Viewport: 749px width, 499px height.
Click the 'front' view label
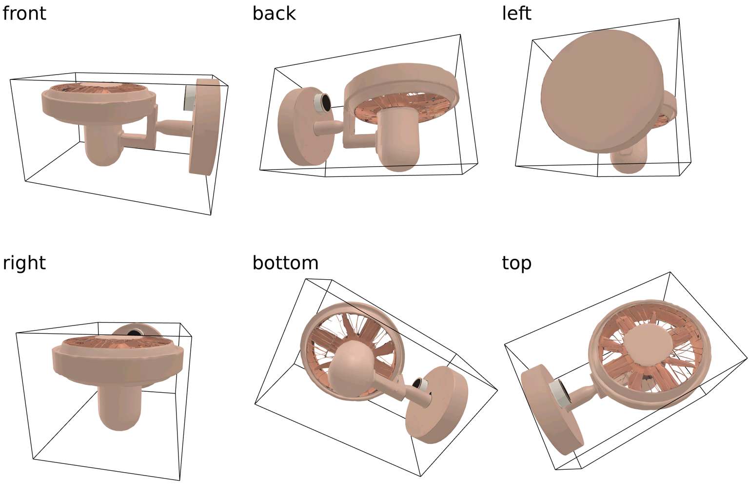[24, 13]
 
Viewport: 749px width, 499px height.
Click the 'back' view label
[274, 13]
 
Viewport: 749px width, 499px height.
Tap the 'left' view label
[516, 13]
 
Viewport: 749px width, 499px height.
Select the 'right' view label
[24, 263]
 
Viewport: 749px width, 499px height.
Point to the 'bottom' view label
[285, 263]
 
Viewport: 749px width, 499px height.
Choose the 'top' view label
[516, 263]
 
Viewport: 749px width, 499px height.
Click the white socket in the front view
[189, 97]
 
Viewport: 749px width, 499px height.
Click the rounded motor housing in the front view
[103, 144]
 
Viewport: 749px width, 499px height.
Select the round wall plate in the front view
[204, 127]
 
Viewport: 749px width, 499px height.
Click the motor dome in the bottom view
[351, 369]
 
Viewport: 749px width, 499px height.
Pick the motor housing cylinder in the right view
[119, 406]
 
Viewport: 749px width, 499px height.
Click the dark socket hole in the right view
[135, 332]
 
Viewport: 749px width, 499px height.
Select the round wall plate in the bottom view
[437, 405]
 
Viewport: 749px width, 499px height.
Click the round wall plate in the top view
[552, 409]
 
